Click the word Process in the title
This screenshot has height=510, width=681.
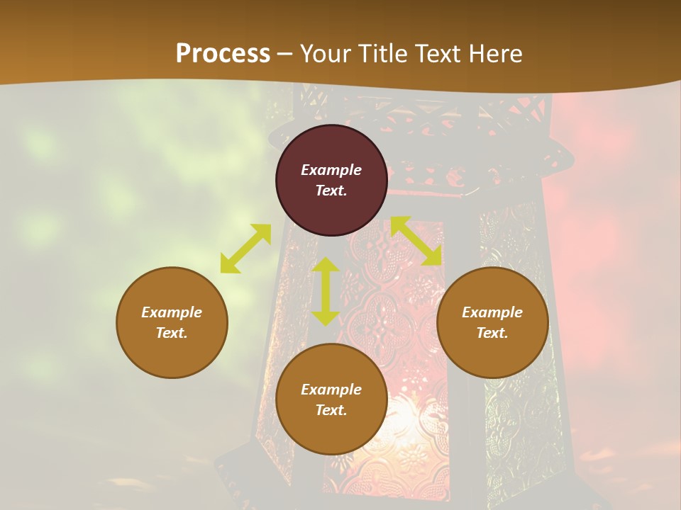223,54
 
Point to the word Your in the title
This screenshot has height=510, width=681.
324,54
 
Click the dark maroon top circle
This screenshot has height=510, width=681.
331,142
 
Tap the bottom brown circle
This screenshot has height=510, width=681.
331,432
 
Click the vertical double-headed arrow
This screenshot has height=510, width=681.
326,291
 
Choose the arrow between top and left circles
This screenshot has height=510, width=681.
246,248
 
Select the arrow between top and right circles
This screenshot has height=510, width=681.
416,241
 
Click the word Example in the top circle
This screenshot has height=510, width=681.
331,170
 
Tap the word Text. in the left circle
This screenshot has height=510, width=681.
172,333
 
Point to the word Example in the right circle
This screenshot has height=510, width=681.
492,312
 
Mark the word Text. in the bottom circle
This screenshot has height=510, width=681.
331,410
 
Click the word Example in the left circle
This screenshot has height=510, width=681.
172,312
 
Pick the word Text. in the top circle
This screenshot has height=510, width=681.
331,191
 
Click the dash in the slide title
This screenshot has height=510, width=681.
285,55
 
